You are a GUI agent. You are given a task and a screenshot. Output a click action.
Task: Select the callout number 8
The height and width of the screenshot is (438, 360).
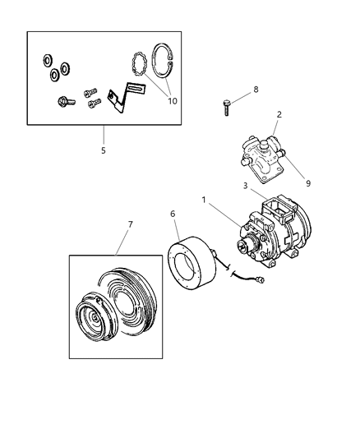(255, 90)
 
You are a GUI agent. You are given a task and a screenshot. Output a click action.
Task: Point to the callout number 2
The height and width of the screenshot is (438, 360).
(279, 114)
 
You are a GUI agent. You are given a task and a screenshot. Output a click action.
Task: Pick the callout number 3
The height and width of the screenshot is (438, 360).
(244, 186)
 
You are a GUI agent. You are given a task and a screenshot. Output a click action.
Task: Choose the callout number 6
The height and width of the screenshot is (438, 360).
(173, 214)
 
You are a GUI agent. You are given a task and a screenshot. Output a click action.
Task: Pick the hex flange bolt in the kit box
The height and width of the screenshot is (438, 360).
(63, 102)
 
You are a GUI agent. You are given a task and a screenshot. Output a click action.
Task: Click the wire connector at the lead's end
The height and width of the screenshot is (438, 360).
(261, 286)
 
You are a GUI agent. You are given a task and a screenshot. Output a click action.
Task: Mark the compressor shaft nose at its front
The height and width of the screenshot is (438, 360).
(242, 245)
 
